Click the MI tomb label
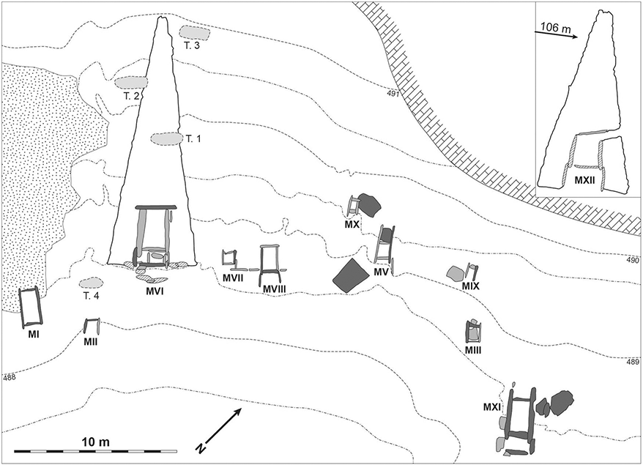tap(34, 334)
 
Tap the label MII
tap(90, 341)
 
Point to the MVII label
tap(233, 278)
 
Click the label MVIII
tap(274, 289)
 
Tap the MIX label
tap(470, 286)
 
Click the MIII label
tap(473, 350)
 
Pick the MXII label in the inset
tap(584, 179)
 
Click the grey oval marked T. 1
tap(166, 138)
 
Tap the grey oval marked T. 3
tap(195, 31)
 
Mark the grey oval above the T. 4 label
tap(91, 283)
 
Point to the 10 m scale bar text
tap(95, 442)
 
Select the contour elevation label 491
tap(393, 94)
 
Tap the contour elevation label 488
tap(9, 377)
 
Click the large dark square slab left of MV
tap(350, 275)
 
